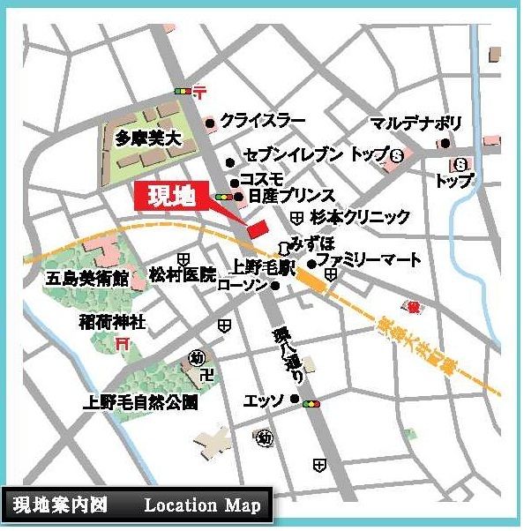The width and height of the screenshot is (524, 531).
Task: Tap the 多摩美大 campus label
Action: (x=146, y=138)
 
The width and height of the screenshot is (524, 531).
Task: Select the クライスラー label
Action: (x=263, y=121)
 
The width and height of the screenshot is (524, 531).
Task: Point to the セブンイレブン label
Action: (x=292, y=156)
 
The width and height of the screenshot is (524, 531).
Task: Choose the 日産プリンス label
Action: (x=291, y=196)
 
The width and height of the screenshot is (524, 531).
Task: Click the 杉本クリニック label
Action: (x=361, y=216)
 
